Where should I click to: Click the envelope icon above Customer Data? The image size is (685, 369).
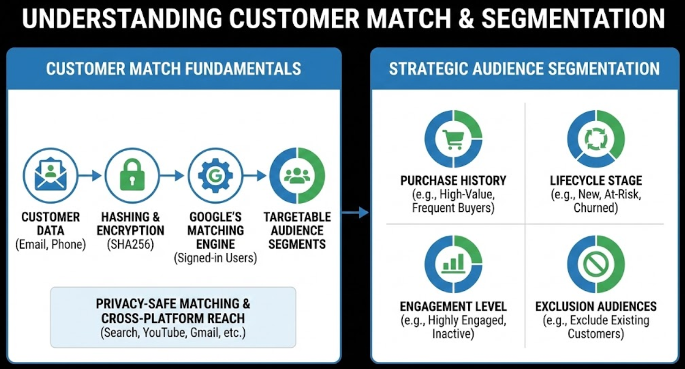50,175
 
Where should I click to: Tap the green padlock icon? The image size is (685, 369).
132,175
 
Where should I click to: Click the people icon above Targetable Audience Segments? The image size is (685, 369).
298,175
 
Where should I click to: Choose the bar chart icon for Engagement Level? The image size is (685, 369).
453,264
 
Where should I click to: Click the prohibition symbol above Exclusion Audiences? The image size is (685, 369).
596,264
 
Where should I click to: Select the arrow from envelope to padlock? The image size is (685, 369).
90,175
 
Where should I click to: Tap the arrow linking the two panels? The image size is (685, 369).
355,212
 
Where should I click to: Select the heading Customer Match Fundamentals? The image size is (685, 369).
173,69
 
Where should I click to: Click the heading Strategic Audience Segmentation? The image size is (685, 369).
524,69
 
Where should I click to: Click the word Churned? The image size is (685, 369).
596,208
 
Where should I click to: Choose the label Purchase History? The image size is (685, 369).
453,181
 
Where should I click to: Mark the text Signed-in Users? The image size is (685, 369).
215,258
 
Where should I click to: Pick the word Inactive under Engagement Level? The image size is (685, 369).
453,334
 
